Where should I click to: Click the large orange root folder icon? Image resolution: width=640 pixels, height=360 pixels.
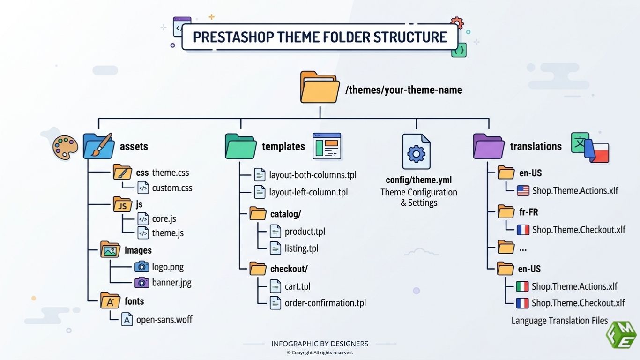coord(320,88)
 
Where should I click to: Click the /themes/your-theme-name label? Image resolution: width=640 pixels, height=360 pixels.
coord(403,90)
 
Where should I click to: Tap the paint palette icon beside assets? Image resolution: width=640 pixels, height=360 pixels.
coord(64,147)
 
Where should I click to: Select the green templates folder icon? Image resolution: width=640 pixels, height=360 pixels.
coord(240,146)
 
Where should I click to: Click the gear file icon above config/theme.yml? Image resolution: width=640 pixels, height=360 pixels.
coord(416,152)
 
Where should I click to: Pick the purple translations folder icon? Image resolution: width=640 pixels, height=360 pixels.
coord(488,146)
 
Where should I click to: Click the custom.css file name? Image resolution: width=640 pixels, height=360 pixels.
coord(172,188)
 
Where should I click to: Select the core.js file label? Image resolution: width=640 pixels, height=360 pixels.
coord(164,219)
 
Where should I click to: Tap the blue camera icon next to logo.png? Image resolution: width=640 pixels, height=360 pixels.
coord(141,267)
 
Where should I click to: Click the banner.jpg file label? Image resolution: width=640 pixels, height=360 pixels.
coord(171,283)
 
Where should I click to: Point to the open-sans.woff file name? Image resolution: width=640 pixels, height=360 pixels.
coord(164,320)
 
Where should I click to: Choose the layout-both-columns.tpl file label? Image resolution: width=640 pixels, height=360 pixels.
coord(313,175)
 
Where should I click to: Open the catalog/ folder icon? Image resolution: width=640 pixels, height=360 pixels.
coord(258,214)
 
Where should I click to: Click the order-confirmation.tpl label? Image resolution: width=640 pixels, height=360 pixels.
coord(325,303)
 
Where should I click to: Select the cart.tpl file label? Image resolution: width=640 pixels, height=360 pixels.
coord(298,286)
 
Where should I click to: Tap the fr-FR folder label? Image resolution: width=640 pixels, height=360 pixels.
coord(528,212)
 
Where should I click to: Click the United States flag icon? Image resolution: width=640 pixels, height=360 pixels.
coord(523,190)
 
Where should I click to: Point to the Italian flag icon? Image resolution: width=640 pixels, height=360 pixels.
coord(522,286)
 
